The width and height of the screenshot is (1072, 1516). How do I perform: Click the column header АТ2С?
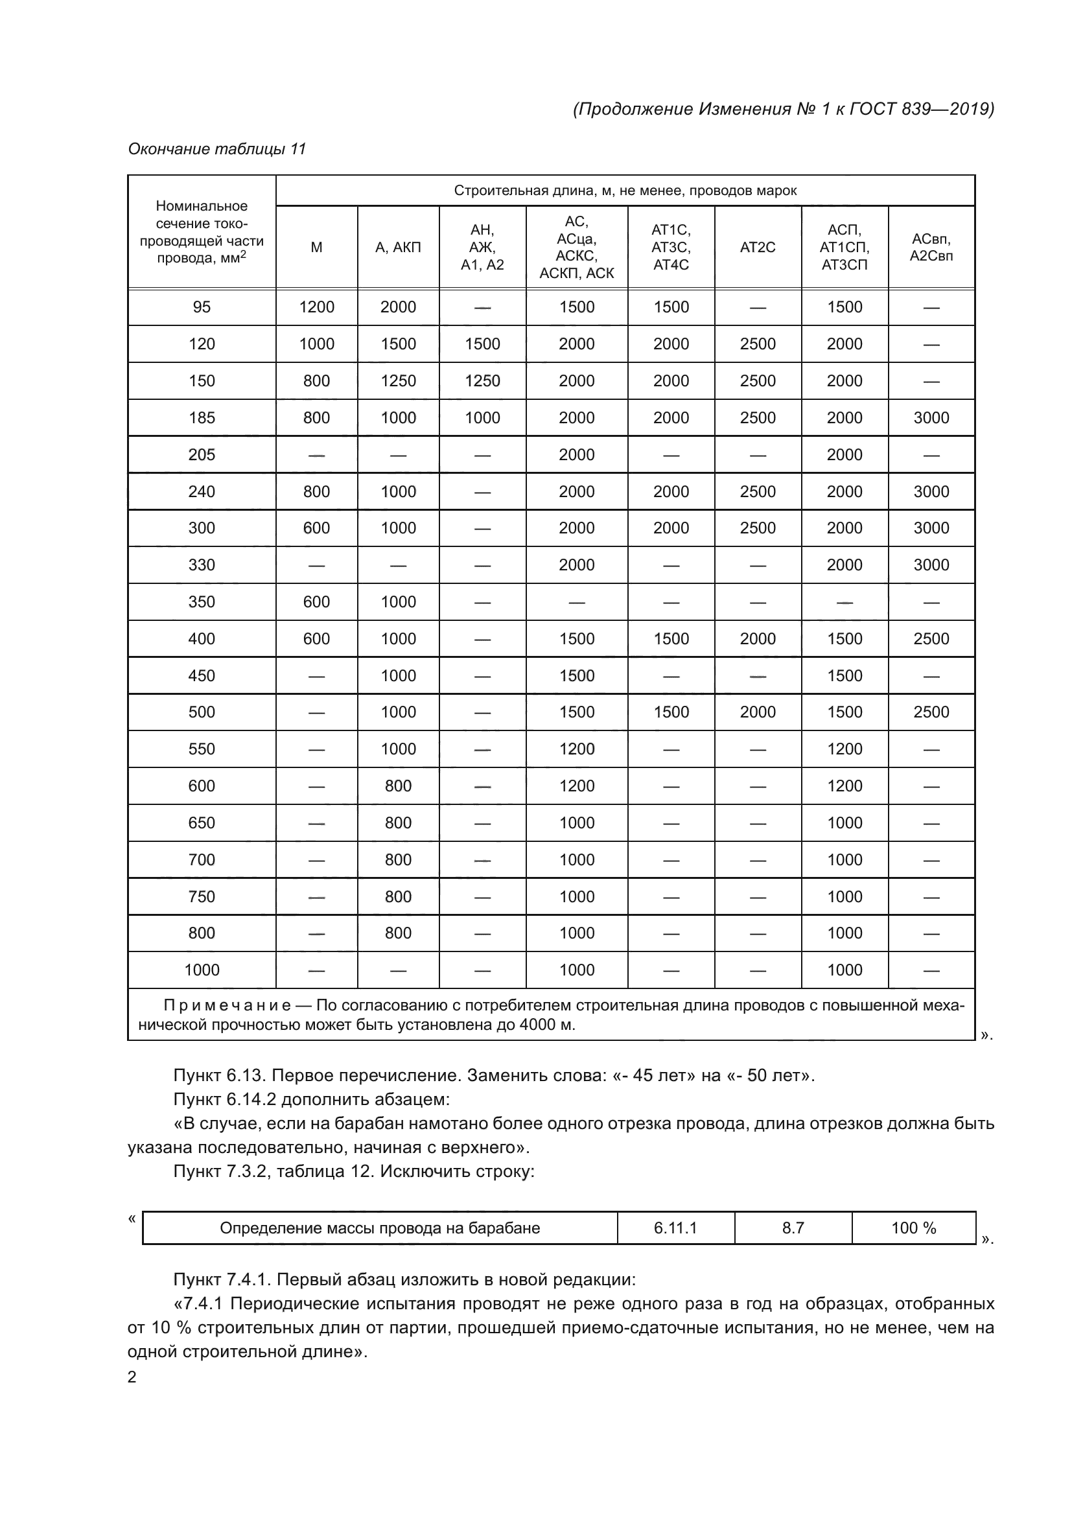click(757, 248)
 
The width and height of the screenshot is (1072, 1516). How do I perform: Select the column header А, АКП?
click(398, 248)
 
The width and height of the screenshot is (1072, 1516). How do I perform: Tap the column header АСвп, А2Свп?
click(931, 248)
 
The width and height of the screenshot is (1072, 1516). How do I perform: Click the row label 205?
click(202, 454)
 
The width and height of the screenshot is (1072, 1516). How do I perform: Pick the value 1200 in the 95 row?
click(316, 307)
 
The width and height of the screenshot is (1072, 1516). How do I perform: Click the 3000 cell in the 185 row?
click(931, 417)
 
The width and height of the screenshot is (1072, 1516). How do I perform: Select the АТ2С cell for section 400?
click(757, 638)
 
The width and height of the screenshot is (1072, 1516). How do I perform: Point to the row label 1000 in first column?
click(202, 970)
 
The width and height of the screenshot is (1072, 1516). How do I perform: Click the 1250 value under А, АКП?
click(398, 381)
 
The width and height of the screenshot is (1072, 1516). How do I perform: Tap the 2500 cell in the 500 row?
click(931, 712)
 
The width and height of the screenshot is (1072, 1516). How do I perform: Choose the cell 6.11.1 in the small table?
click(675, 1228)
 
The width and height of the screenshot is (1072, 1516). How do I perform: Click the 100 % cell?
click(914, 1228)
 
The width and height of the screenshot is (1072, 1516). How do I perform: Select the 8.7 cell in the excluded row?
click(793, 1228)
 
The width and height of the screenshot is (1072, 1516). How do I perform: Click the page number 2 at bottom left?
click(132, 1377)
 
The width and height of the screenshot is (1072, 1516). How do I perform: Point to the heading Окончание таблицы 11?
click(216, 149)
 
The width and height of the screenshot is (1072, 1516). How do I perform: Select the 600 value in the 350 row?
click(316, 601)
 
